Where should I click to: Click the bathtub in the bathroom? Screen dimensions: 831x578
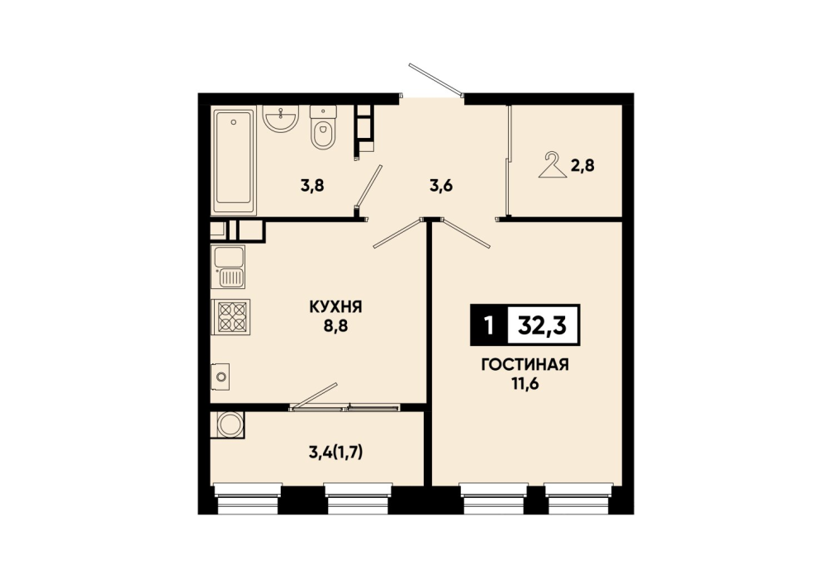[234, 160]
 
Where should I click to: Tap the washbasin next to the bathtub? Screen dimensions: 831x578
[280, 118]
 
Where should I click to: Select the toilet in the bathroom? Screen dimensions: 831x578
[323, 128]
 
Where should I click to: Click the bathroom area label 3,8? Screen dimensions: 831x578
[311, 186]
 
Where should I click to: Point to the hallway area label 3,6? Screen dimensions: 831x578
[441, 187]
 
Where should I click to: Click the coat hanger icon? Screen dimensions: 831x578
[553, 165]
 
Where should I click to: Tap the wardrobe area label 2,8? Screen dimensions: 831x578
[582, 166]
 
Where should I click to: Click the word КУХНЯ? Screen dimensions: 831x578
[335, 306]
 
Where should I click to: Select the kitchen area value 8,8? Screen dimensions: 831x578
[335, 325]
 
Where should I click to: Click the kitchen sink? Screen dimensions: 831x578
[228, 267]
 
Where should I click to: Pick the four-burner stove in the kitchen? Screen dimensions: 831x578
[231, 317]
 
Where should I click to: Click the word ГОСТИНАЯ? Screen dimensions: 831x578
[525, 365]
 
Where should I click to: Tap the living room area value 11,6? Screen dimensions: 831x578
[525, 384]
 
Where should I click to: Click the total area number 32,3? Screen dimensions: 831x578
[543, 325]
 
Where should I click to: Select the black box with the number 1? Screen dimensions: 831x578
[489, 325]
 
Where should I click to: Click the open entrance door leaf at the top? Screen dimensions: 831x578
[436, 81]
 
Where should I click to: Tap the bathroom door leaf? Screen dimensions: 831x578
[369, 186]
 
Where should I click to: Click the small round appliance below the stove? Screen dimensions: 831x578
[221, 377]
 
